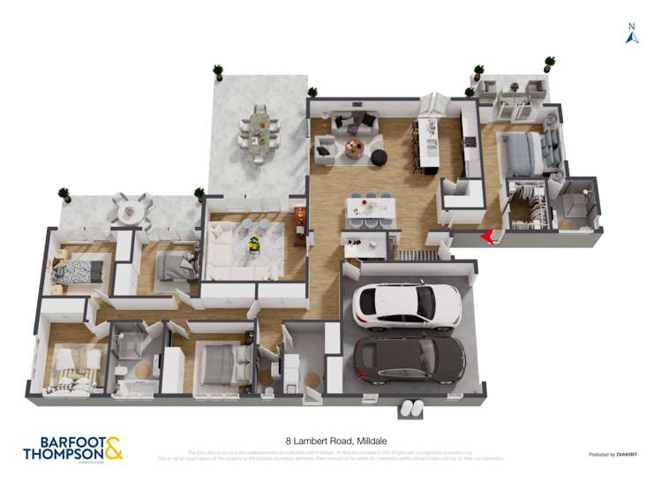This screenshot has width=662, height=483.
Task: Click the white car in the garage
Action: [x=407, y=306]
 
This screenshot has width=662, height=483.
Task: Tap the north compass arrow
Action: [x=632, y=35]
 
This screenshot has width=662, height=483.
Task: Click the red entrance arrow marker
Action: [x=487, y=237]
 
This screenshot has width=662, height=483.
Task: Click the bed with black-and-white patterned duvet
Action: [x=79, y=271]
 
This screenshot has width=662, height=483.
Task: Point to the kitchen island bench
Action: [x=432, y=146]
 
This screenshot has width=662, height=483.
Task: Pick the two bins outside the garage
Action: [x=411, y=408]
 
